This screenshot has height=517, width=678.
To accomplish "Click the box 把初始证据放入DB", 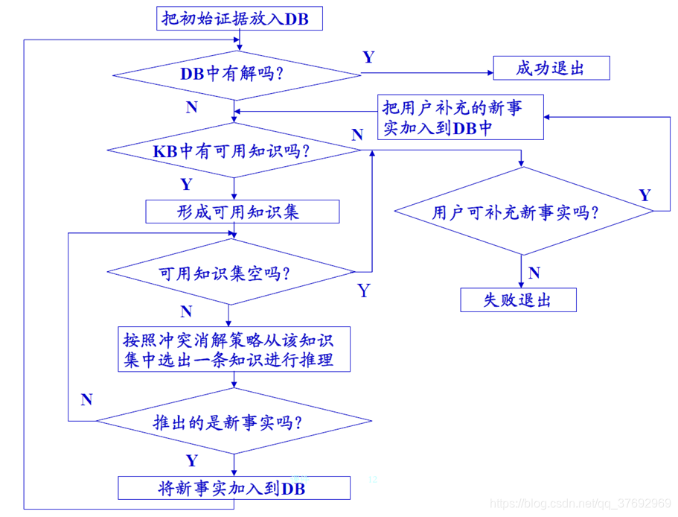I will click(x=240, y=19).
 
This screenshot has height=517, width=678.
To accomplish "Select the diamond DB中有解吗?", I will click(x=236, y=74).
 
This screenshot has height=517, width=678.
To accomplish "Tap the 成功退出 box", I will click(x=551, y=69).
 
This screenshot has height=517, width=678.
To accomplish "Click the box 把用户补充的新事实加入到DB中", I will click(x=461, y=118).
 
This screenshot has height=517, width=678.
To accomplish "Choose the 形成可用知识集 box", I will click(x=242, y=212).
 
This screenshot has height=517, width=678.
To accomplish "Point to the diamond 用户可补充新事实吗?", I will click(x=522, y=212).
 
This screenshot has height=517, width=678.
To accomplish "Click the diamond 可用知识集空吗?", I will click(x=229, y=273).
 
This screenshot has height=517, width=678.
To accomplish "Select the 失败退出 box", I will click(x=518, y=300).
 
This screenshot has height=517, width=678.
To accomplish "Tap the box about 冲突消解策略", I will click(x=234, y=350).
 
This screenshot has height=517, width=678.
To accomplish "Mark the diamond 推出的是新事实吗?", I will click(x=233, y=422).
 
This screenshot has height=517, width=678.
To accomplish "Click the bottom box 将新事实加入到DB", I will click(x=234, y=489).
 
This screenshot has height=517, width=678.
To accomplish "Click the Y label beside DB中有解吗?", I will click(x=368, y=57).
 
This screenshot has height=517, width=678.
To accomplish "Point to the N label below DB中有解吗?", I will click(x=192, y=107).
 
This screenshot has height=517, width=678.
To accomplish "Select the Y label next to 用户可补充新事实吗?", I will click(x=645, y=195).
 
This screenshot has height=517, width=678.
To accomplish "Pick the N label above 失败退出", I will click(x=534, y=273).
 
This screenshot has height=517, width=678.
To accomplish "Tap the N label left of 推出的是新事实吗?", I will click(x=86, y=400).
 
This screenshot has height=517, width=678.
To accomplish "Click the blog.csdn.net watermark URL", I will click(x=582, y=504).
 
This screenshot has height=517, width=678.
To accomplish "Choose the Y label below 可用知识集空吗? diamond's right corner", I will click(x=363, y=291).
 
